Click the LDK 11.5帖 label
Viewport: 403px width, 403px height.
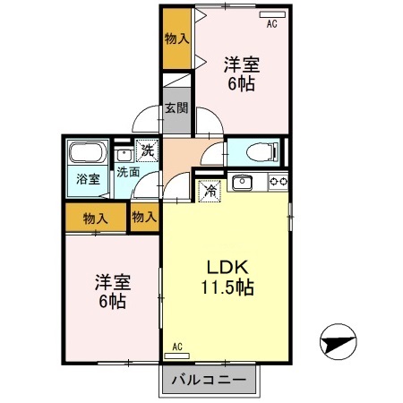coord(226,278)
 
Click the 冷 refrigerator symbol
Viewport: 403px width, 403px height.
coord(209,190)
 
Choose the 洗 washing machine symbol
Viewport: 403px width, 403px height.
coord(145,151)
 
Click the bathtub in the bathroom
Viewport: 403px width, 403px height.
coord(87,153)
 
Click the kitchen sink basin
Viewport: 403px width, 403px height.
coord(243,184)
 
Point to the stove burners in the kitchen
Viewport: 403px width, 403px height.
coord(277,183)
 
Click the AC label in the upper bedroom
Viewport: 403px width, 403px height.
coord(272,25)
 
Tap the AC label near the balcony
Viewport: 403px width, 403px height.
coord(177,347)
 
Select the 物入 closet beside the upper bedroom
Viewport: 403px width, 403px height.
coord(176,39)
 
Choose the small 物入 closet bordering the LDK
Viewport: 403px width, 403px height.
coord(143,217)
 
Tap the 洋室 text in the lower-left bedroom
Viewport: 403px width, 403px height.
coord(114,283)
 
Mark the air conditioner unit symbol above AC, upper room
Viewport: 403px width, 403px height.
coord(272,15)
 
